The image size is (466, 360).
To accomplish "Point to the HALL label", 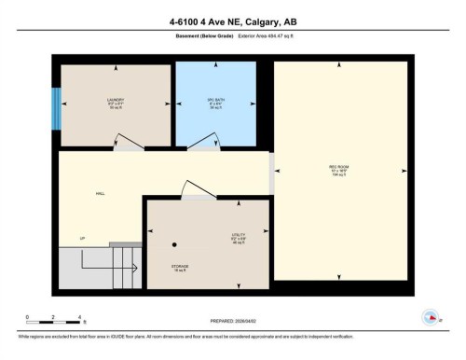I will pos(100,194).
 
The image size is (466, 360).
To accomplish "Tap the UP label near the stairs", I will pos(82,239).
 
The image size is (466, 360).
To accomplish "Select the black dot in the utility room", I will pos(174,244).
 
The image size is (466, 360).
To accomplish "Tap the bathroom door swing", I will pos(202,140).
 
